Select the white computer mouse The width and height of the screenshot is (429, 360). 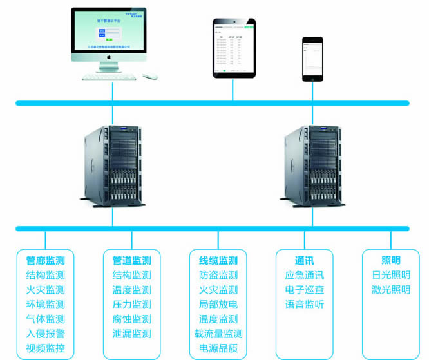coord(151,76)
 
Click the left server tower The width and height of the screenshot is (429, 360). coord(111,166)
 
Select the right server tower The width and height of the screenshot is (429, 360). coord(314,166)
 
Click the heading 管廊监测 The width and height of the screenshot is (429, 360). coord(45,261)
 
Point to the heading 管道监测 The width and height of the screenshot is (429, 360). coord(131,261)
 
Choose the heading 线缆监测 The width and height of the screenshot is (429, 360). coord(218,261)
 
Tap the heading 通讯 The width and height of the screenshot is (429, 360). coord(305,261)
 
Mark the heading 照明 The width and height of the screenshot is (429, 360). coord(391,261)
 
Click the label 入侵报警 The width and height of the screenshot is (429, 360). coord(45,334)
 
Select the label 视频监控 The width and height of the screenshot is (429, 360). coord(45,348)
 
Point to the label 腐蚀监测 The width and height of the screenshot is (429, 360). coord(131,319)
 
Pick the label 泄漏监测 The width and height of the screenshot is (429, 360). coord(131,334)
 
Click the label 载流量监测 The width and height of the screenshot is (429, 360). coord(218,334)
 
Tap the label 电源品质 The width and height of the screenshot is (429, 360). coord(218,348)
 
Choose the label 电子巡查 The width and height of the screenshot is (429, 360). coord(305,290)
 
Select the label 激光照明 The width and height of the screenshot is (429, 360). coord(391,290)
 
